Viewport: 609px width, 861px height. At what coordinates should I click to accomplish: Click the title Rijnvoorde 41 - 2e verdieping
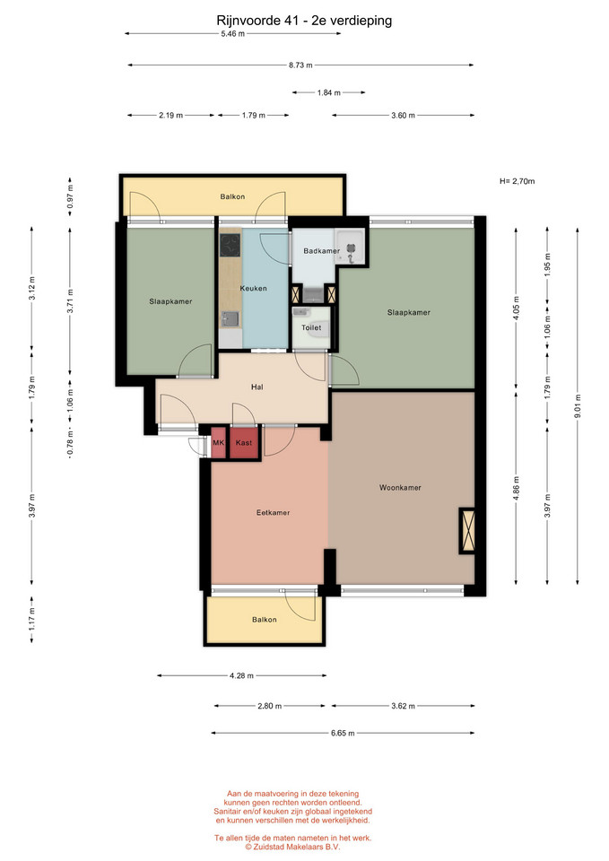304,21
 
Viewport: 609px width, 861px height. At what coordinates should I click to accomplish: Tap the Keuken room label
253,288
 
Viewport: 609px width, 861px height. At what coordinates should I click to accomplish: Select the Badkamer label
321,251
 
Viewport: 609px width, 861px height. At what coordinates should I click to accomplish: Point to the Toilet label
311,328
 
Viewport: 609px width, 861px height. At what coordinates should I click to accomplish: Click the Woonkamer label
400,488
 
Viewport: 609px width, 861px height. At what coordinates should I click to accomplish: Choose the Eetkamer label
273,513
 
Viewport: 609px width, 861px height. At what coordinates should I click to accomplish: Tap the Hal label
257,387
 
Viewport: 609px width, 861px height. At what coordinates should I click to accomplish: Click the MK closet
219,442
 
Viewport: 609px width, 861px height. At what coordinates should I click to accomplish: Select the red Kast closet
244,442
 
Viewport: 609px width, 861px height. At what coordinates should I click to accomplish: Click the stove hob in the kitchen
231,246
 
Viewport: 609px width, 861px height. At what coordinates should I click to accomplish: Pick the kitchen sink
231,319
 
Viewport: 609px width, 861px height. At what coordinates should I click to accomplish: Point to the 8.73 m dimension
301,65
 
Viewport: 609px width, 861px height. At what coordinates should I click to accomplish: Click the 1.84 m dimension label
329,92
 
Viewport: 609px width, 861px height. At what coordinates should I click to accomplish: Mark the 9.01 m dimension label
578,406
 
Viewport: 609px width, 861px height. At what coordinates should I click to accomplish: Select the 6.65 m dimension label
343,733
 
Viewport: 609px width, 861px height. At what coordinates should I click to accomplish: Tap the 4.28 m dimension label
241,676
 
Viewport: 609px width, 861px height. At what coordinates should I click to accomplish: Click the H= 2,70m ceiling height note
518,181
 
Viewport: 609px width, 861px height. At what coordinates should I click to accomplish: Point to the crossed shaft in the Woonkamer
468,530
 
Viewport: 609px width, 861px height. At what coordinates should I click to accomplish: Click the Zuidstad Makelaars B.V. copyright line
292,848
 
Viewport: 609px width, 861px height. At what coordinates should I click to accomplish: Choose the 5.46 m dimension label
233,33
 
